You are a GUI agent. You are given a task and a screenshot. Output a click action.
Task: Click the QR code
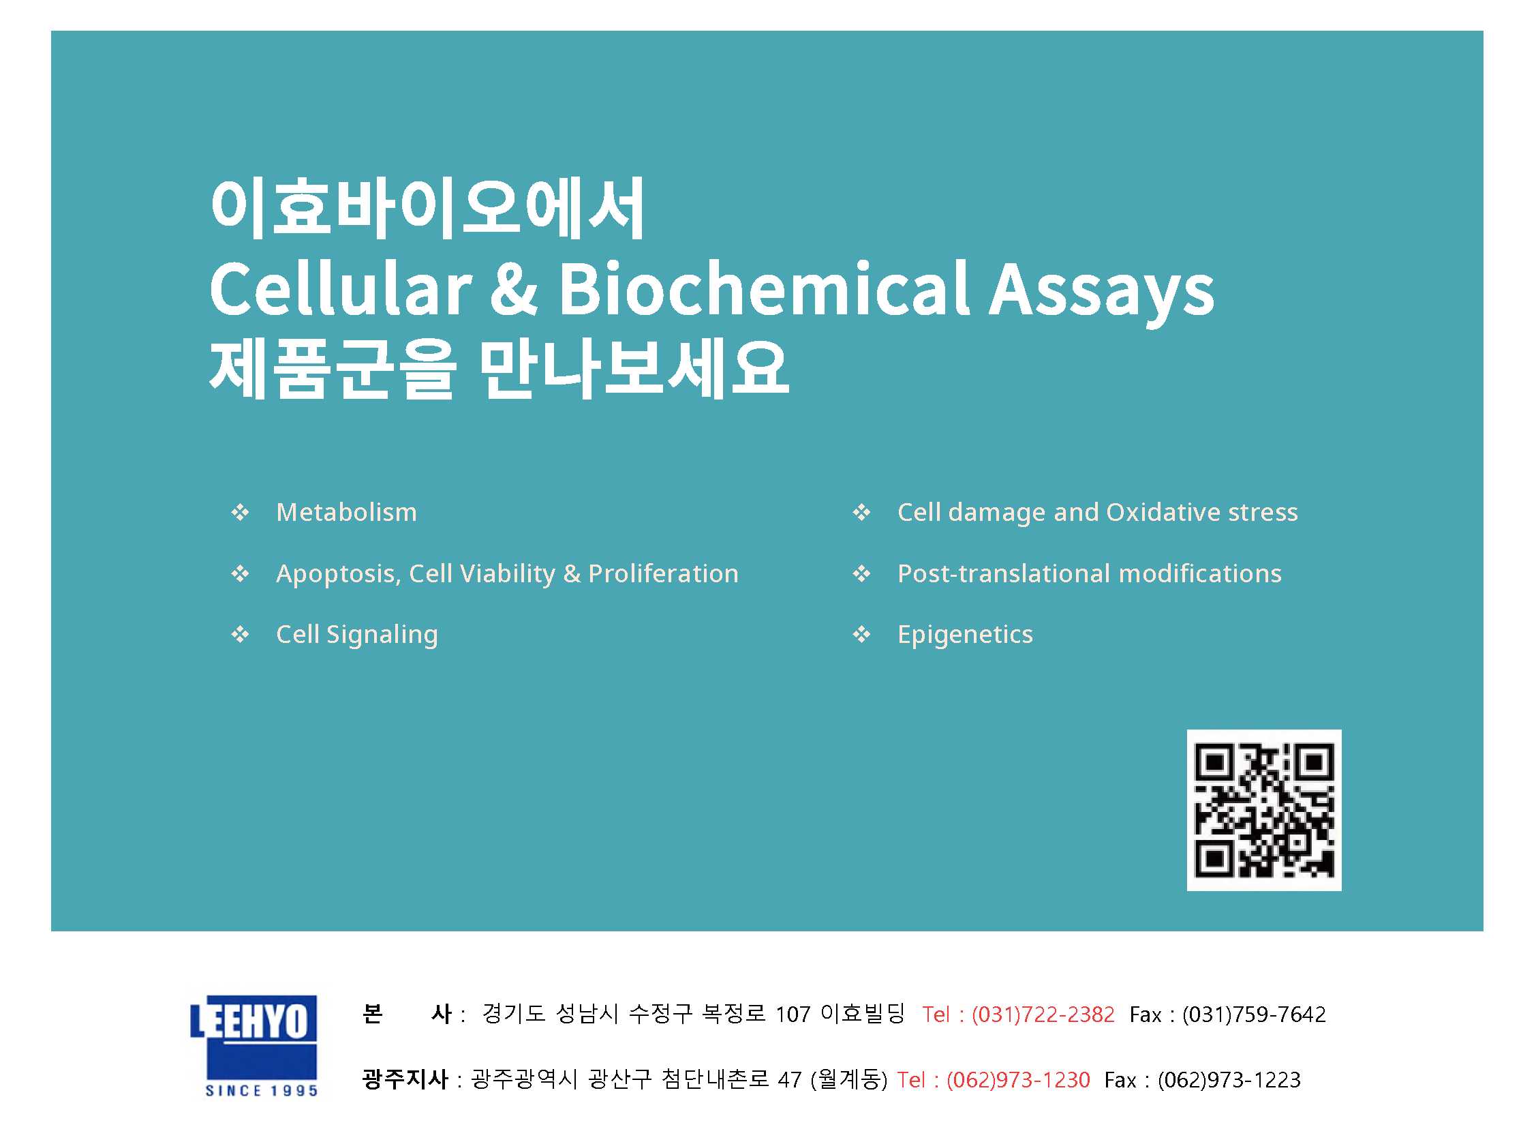1264,810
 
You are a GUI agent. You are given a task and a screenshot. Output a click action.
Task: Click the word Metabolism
346,512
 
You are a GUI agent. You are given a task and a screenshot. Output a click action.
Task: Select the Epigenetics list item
965,635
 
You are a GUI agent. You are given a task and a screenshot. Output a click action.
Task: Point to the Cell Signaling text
357,635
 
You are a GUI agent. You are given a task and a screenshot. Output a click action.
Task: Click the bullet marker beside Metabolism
240,512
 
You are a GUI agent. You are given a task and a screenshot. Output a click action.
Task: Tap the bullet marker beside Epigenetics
862,635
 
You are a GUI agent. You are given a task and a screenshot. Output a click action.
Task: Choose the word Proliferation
663,574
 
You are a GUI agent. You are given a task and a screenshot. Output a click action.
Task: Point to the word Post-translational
1004,574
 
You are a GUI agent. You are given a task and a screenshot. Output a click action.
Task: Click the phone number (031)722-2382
1043,1015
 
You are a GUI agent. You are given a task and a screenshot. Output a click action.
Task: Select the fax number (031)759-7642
1255,1015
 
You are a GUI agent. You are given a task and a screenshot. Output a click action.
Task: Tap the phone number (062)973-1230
1019,1080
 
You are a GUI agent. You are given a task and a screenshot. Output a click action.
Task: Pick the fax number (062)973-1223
1229,1080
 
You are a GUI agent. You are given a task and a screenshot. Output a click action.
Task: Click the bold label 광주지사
405,1079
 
